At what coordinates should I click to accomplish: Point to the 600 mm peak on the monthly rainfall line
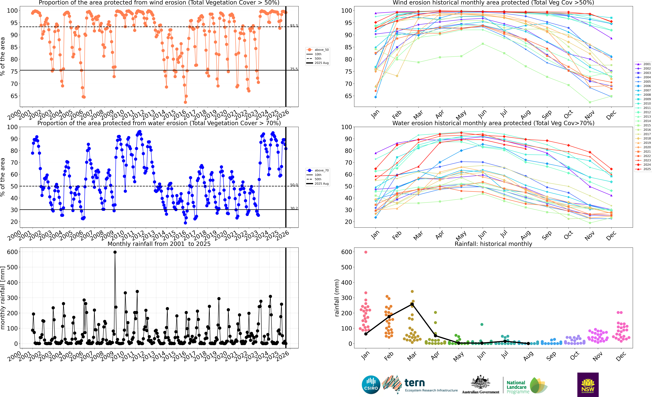tap(115, 252)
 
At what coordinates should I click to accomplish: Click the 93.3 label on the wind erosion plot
tap(294, 26)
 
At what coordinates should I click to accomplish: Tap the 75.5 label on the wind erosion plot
tap(294, 69)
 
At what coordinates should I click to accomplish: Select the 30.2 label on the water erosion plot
tap(294, 208)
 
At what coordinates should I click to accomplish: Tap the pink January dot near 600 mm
tap(366, 252)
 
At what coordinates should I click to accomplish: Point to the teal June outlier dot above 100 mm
tap(482, 324)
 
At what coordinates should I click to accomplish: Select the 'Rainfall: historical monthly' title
tap(493, 244)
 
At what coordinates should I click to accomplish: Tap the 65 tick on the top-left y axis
tap(14, 96)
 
